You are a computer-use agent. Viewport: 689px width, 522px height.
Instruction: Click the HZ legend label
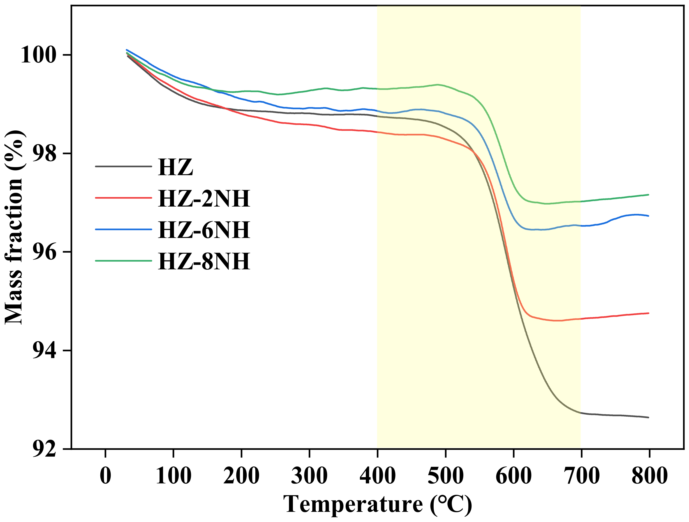[x=175, y=167]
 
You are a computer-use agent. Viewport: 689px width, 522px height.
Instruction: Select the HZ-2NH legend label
[x=204, y=198]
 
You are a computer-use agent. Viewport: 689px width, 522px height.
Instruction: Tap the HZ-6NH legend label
[x=204, y=230]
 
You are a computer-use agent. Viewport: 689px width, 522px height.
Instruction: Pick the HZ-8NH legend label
[x=204, y=261]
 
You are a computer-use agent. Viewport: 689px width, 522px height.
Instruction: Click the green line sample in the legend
[x=123, y=261]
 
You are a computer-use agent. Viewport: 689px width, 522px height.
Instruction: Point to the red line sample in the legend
[x=123, y=198]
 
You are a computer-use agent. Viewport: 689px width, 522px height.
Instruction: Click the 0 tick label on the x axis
[x=106, y=475]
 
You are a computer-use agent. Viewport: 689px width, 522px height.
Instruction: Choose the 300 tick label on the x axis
[x=309, y=475]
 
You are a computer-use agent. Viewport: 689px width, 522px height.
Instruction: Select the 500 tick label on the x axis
[x=446, y=475]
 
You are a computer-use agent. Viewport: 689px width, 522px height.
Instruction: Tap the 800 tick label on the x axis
[x=649, y=475]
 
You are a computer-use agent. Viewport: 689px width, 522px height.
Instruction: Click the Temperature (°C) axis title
[x=377, y=504]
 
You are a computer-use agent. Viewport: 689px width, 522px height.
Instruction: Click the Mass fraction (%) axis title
[x=14, y=227]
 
